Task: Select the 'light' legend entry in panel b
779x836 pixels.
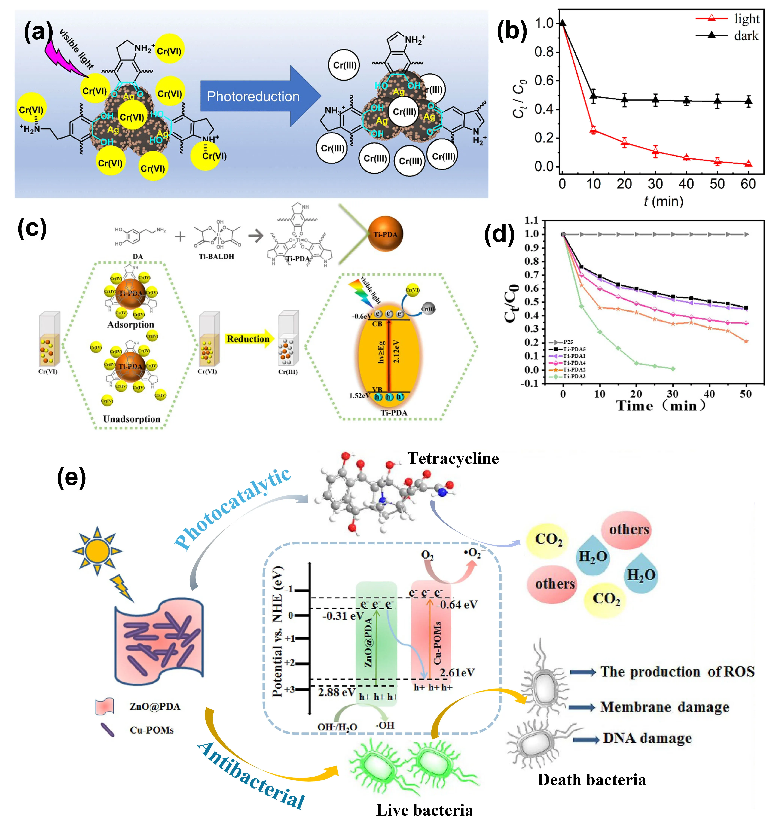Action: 746,19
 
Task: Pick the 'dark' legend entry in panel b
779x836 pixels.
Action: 746,36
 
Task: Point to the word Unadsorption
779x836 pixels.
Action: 132,419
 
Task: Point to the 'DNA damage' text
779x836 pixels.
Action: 647,738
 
